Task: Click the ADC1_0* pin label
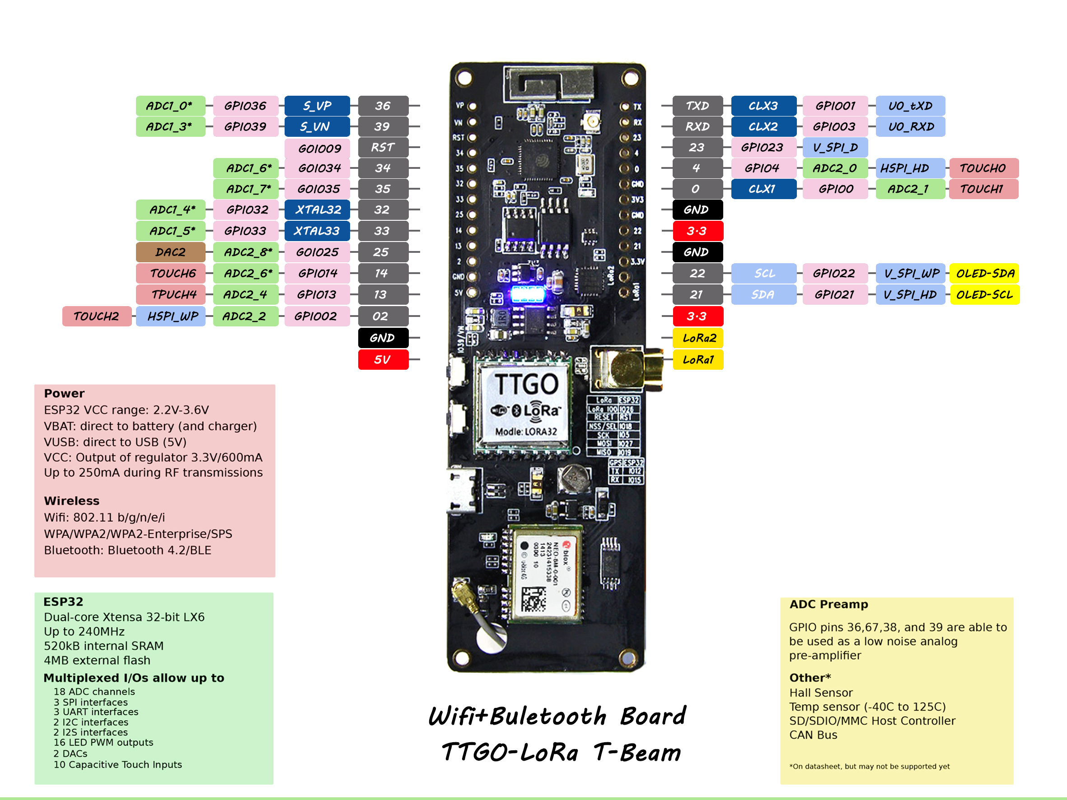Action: tap(170, 106)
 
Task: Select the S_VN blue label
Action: tap(316, 127)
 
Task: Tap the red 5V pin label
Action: tap(383, 360)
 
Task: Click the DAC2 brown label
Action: tap(170, 252)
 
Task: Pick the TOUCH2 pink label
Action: tap(97, 316)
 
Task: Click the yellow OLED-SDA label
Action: tap(984, 274)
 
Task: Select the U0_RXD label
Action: tap(910, 127)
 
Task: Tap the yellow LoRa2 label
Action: tap(698, 338)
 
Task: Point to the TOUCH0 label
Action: tap(983, 168)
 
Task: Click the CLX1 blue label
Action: tap(763, 189)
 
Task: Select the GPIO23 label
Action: tap(762, 148)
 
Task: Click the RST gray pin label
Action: tap(383, 148)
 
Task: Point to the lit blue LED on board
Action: tap(527, 293)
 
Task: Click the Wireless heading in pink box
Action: tap(71, 501)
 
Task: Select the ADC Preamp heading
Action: tap(828, 604)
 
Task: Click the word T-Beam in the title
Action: tap(637, 752)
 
